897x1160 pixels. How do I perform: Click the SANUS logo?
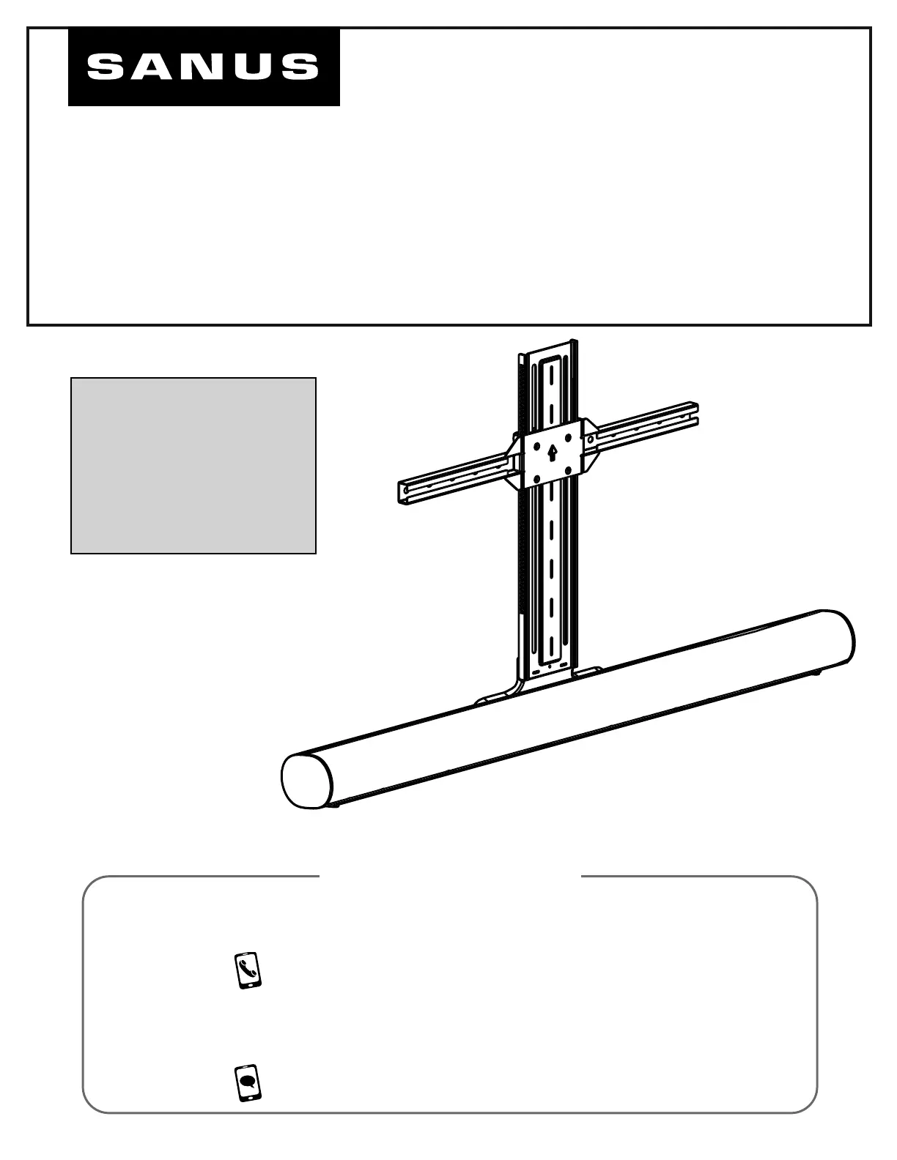204,67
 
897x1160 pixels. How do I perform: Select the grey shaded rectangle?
193,466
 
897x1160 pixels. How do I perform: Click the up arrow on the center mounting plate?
553,453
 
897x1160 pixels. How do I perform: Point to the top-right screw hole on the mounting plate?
568,437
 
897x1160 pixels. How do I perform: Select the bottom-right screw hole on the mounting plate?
569,469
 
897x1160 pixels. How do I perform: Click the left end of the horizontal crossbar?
401,494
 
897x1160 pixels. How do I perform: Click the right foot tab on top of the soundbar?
588,672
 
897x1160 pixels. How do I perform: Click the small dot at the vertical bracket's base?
549,666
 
